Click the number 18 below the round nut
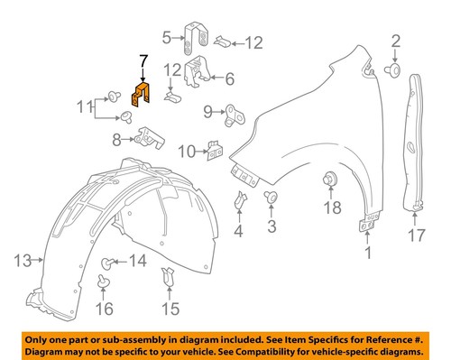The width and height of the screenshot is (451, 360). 330,208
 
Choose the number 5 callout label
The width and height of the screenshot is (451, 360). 167,37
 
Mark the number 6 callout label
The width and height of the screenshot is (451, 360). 229,78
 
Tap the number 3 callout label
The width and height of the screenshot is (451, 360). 271,225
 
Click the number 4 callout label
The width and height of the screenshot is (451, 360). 238,232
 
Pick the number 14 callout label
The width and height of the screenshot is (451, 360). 137,262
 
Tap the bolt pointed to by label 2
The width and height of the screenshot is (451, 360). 393,69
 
